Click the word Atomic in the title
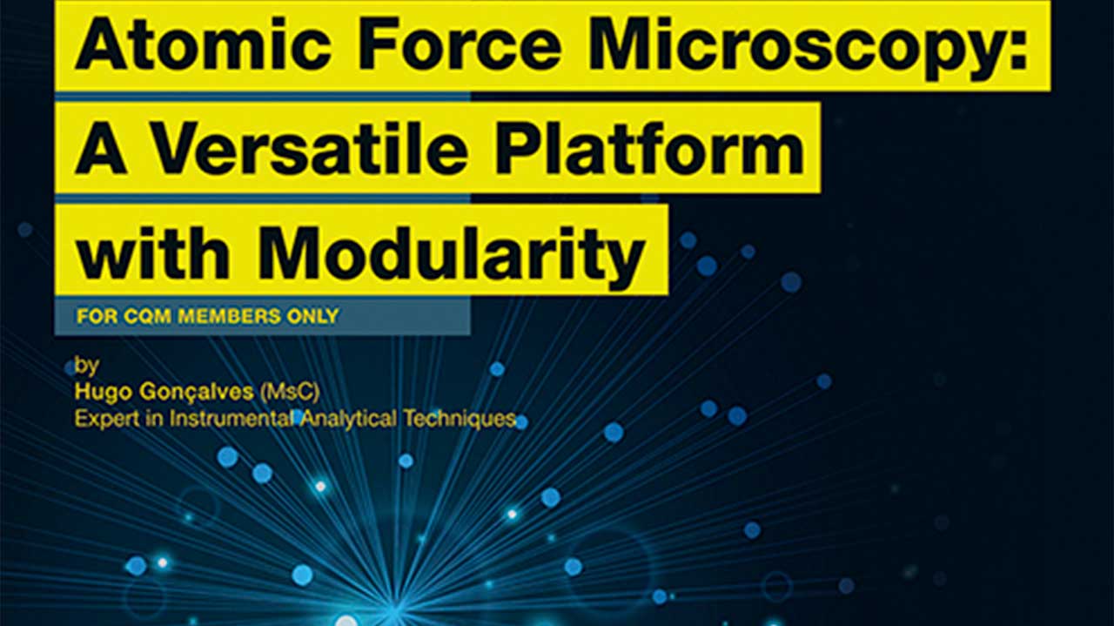point(204,44)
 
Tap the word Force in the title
point(460,44)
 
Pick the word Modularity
point(451,255)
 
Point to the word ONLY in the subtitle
point(313,317)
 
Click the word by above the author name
point(86,367)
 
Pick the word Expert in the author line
point(106,419)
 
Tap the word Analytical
point(349,420)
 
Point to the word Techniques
point(460,420)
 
